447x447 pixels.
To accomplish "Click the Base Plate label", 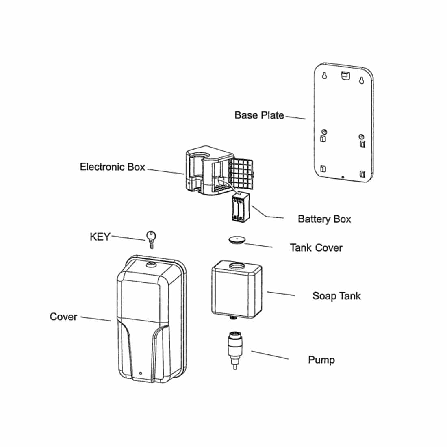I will click(x=259, y=115).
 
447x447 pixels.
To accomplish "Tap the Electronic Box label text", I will click(x=112, y=167).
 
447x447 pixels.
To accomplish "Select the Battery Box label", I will click(x=324, y=219).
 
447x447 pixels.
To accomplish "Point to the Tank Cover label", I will click(x=316, y=248).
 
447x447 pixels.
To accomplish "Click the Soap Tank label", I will click(x=336, y=296).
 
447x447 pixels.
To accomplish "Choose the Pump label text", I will click(x=321, y=360).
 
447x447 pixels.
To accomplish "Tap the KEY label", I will click(x=100, y=237).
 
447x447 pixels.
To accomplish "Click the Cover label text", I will click(x=63, y=317).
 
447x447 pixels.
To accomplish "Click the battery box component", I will click(x=240, y=207).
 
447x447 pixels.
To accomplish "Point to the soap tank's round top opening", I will click(x=237, y=267).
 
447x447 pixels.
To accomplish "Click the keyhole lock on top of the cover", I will click(x=151, y=265).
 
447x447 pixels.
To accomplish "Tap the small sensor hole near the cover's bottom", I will click(x=140, y=373).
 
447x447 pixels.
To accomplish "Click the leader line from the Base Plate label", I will click(x=295, y=117).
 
